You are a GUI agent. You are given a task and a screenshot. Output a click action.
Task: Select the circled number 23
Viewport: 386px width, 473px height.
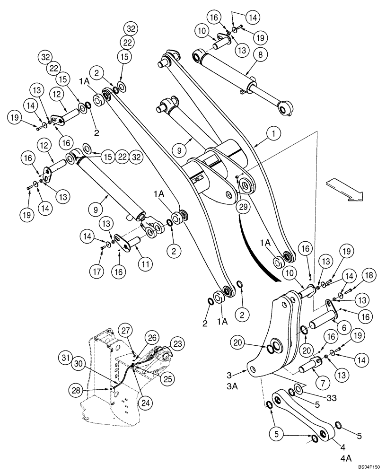pos(177,344)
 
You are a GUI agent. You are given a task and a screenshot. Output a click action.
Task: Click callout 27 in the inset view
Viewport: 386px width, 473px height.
pos(124,329)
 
